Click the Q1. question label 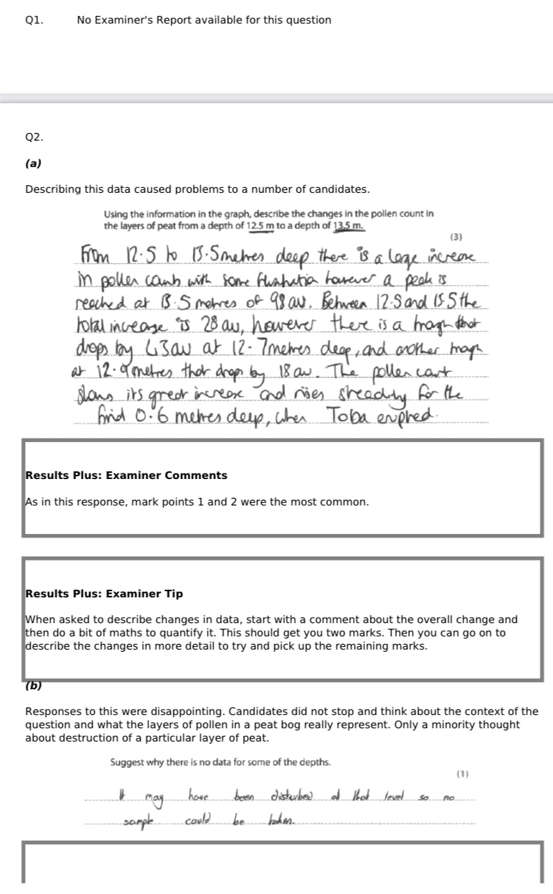coord(34,20)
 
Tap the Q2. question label coord(34,137)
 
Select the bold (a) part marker coord(33,164)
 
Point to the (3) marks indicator coord(457,237)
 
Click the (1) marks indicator coord(462,774)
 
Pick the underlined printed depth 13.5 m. coord(348,226)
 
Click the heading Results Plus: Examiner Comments coord(126,476)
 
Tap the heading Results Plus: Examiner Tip coord(104,594)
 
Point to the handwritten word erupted coord(410,417)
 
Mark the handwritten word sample coord(138,822)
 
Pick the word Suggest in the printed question coord(127,762)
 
